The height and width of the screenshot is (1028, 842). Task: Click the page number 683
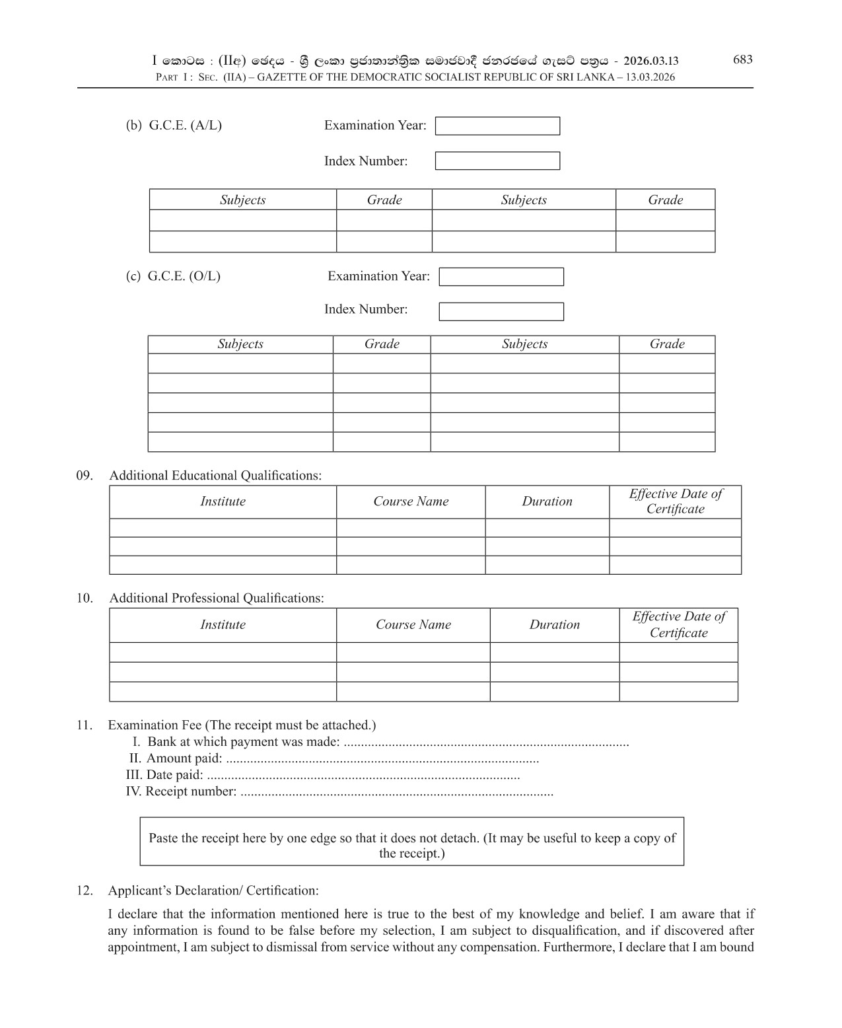(x=742, y=59)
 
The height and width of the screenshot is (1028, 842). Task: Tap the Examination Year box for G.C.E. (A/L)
(x=497, y=126)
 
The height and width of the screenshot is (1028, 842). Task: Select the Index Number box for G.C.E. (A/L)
(x=497, y=161)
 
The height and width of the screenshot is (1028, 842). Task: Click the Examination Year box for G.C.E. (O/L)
(x=501, y=277)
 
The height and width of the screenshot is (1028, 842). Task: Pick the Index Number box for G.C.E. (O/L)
(x=501, y=311)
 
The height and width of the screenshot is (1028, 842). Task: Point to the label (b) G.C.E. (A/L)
(x=174, y=126)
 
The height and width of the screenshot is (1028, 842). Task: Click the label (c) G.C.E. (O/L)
(x=173, y=276)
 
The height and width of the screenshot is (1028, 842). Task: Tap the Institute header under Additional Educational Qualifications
(x=223, y=501)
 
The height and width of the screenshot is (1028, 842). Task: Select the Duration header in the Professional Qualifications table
(x=554, y=625)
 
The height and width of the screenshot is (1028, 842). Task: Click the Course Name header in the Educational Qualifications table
(x=410, y=501)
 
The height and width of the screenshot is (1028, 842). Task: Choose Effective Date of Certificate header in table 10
(x=678, y=624)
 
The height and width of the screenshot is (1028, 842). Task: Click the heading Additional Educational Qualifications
(x=215, y=476)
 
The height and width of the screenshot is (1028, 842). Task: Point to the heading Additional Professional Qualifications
(x=216, y=598)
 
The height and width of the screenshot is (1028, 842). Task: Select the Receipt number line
(x=339, y=791)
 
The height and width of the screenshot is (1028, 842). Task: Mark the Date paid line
(x=322, y=775)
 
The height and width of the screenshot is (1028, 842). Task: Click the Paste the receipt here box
(x=411, y=841)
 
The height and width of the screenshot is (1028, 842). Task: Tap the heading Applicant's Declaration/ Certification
(x=213, y=891)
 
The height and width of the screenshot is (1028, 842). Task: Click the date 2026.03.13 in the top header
(x=650, y=61)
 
